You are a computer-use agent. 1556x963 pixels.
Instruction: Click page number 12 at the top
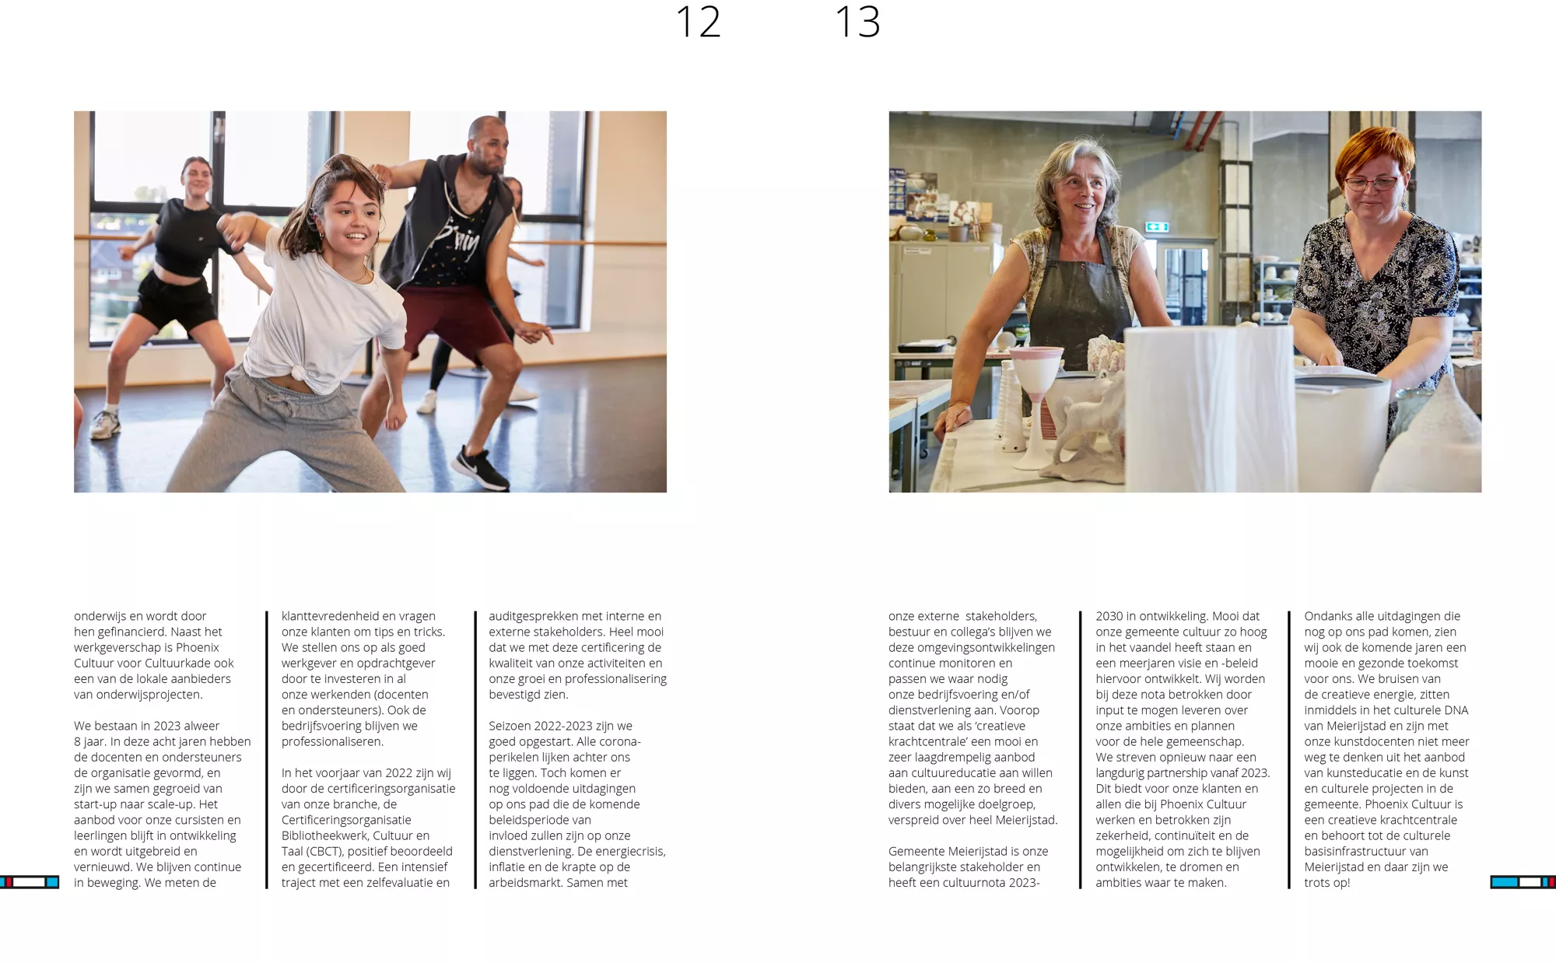pos(698,22)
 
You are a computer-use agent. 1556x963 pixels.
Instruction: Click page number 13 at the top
pos(857,22)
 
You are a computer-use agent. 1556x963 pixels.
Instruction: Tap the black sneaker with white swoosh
pos(482,467)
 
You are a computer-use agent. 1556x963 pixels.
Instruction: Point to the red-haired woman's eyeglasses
pos(1372,184)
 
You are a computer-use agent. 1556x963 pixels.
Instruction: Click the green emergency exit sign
pos(1157,226)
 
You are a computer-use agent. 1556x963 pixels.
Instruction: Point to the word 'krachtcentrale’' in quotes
pos(927,741)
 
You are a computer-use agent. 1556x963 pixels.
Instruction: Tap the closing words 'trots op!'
pos(1327,882)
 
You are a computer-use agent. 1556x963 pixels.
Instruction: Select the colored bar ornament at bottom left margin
pos(30,881)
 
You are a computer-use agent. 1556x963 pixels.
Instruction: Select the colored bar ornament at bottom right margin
pos(1523,881)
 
